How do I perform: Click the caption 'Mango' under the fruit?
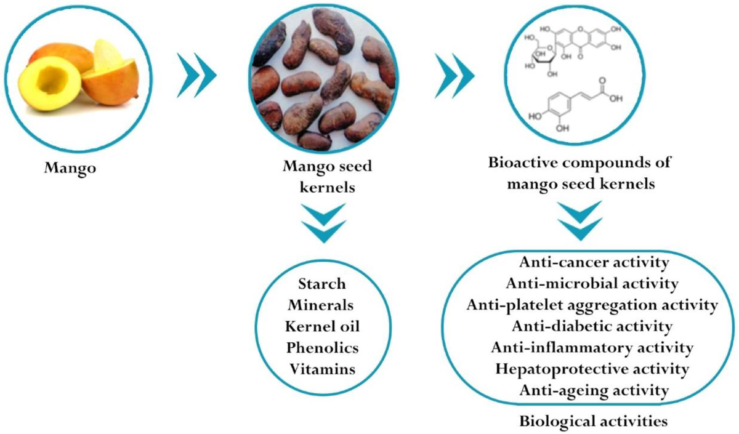[70, 167]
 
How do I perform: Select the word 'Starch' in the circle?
[321, 284]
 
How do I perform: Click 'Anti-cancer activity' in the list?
[594, 263]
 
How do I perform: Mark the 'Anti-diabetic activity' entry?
[593, 326]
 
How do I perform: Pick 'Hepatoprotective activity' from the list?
[594, 369]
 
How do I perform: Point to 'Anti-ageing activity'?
[594, 390]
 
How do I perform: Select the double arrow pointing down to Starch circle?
[321, 223]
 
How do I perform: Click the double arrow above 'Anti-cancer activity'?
[579, 220]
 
